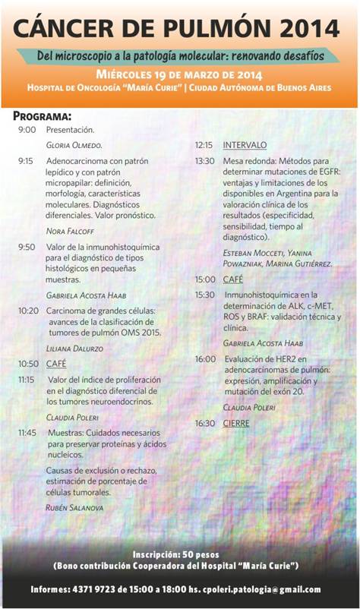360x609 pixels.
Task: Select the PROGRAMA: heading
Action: (x=43, y=116)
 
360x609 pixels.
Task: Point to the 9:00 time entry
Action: (x=27, y=130)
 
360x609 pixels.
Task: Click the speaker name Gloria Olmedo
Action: (x=74, y=144)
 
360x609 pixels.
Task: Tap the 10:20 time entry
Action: (x=28, y=311)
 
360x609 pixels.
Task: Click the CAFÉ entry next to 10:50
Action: (x=56, y=364)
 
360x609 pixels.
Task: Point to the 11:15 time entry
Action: (x=27, y=379)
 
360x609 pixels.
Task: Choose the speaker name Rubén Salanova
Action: (x=74, y=506)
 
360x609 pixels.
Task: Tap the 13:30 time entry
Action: (x=204, y=161)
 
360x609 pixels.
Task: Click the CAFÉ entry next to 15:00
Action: (x=232, y=279)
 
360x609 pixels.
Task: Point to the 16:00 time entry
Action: (x=204, y=358)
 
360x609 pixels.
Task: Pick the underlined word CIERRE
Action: (x=236, y=423)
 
